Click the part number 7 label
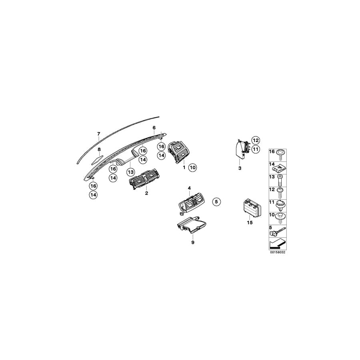(98, 133)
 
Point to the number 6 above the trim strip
(154, 128)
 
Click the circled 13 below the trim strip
(130, 172)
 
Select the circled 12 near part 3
(256, 140)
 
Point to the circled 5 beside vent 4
(216, 202)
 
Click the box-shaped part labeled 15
(250, 208)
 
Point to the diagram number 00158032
(278, 252)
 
